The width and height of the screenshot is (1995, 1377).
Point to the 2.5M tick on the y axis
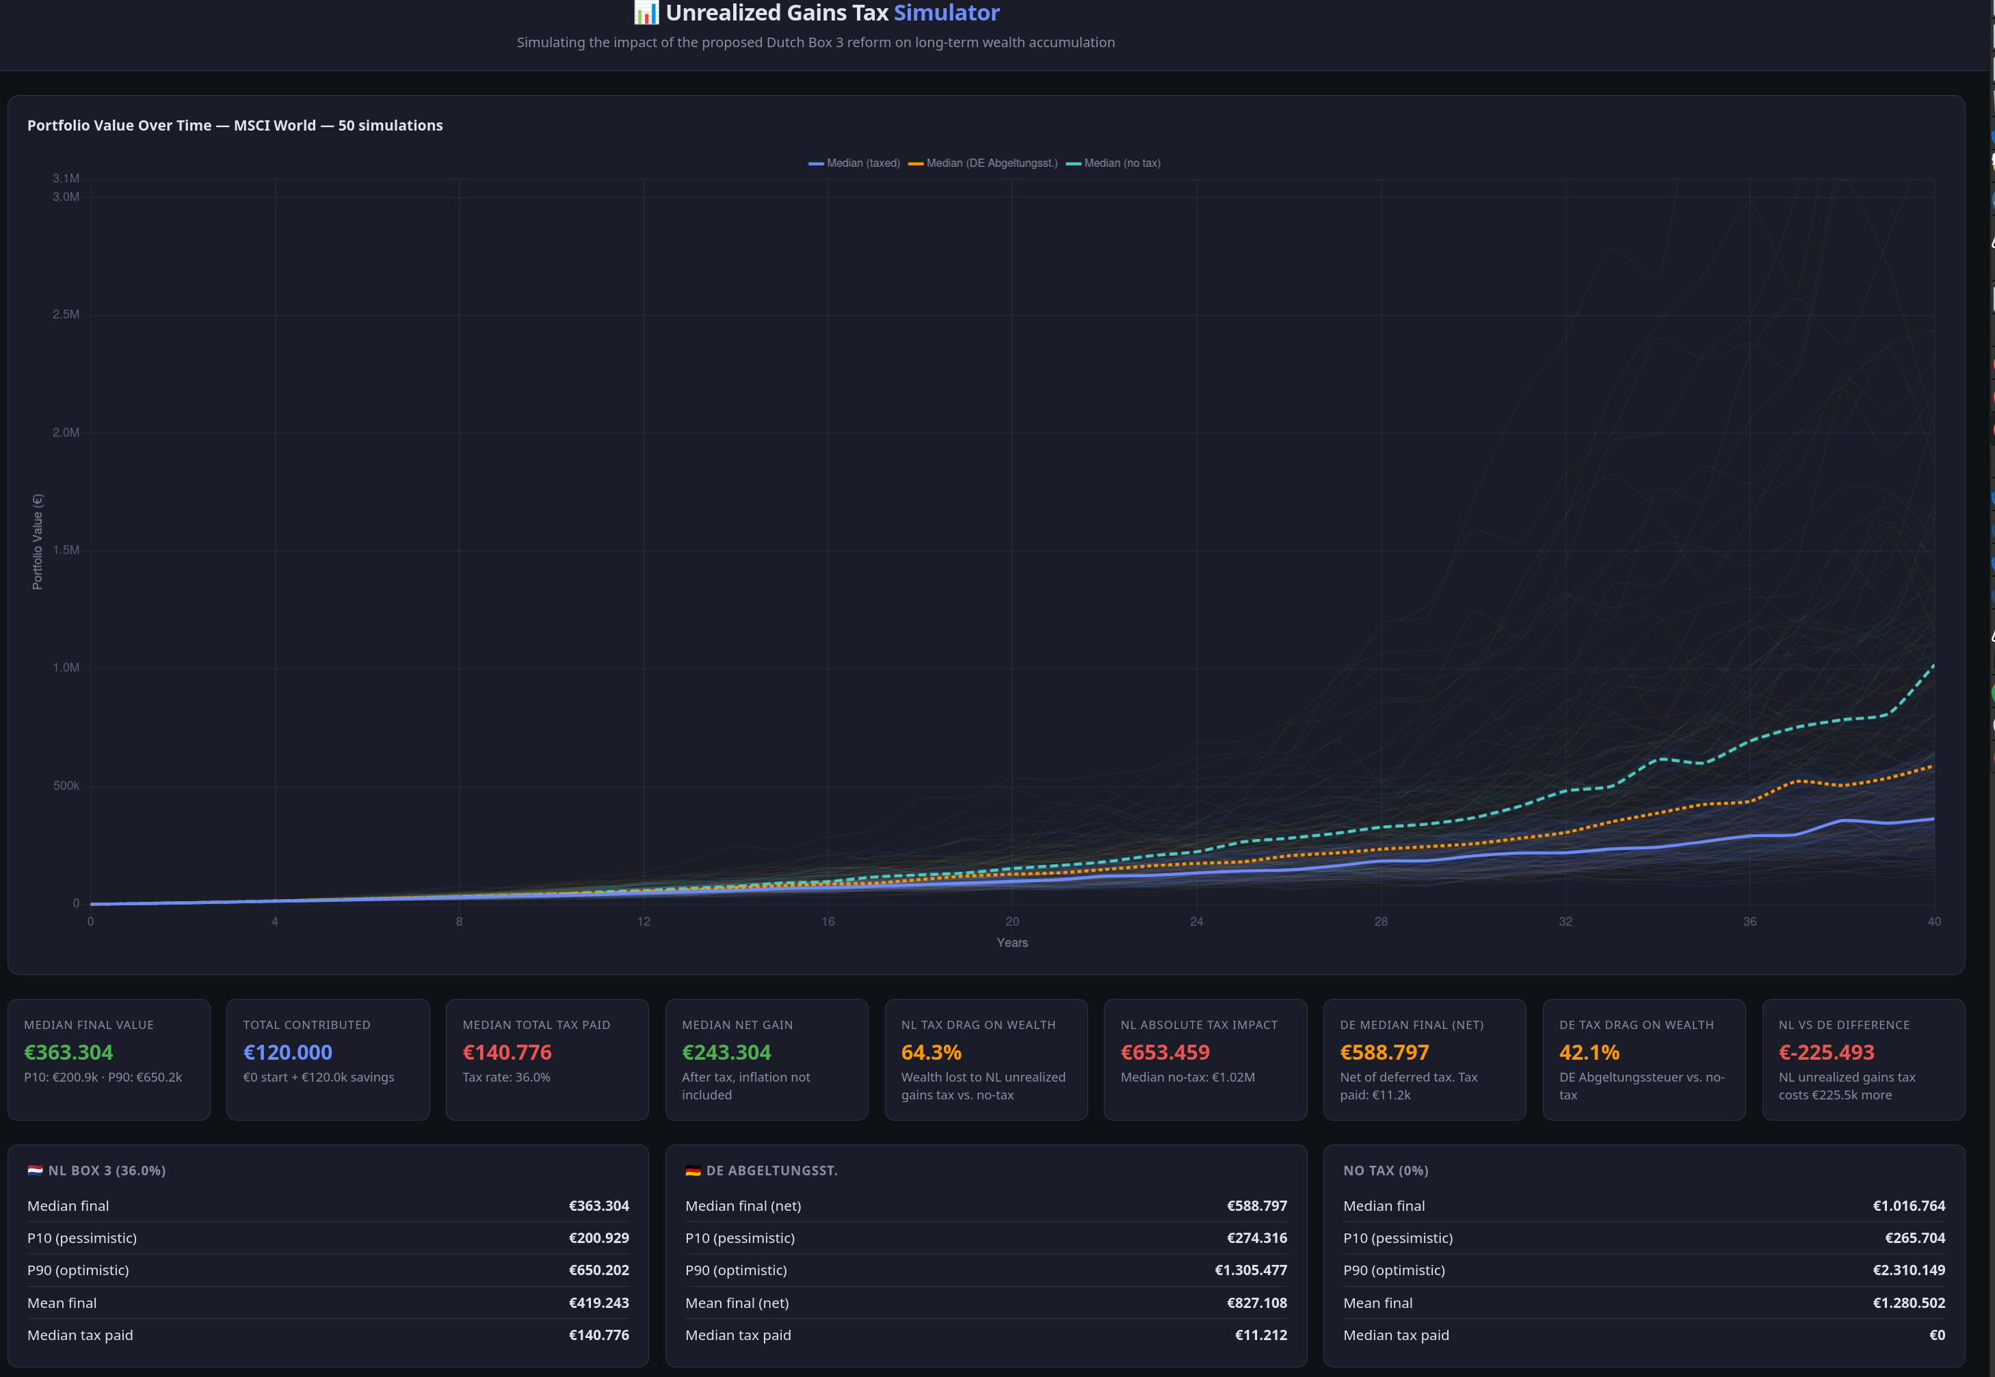click(66, 314)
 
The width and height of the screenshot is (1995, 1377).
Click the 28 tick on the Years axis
click(1381, 922)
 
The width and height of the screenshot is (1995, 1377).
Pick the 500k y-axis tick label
click(66, 785)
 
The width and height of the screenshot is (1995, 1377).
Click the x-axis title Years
click(1012, 942)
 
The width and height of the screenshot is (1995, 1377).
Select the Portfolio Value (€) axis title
click(37, 542)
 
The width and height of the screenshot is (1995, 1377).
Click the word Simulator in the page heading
click(946, 13)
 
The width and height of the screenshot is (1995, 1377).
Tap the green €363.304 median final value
click(68, 1053)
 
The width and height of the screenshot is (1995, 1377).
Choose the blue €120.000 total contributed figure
click(287, 1053)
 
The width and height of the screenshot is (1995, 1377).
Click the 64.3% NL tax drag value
click(931, 1053)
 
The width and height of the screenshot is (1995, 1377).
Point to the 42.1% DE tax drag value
click(1589, 1053)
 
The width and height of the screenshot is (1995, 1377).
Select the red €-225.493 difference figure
click(1826, 1053)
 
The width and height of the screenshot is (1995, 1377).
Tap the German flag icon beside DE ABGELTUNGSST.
click(693, 1171)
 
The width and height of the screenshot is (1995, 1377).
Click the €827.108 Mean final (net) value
click(1256, 1302)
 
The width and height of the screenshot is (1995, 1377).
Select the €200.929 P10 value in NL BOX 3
click(599, 1238)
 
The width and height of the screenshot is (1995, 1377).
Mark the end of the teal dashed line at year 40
click(1933, 665)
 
